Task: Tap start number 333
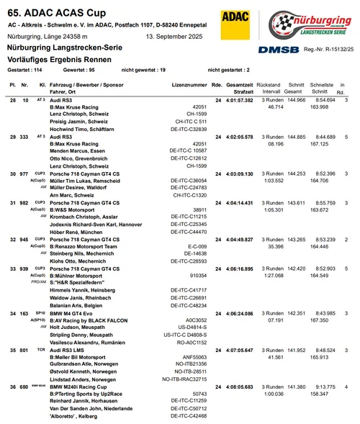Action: point(24,135)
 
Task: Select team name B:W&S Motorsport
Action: point(78,210)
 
